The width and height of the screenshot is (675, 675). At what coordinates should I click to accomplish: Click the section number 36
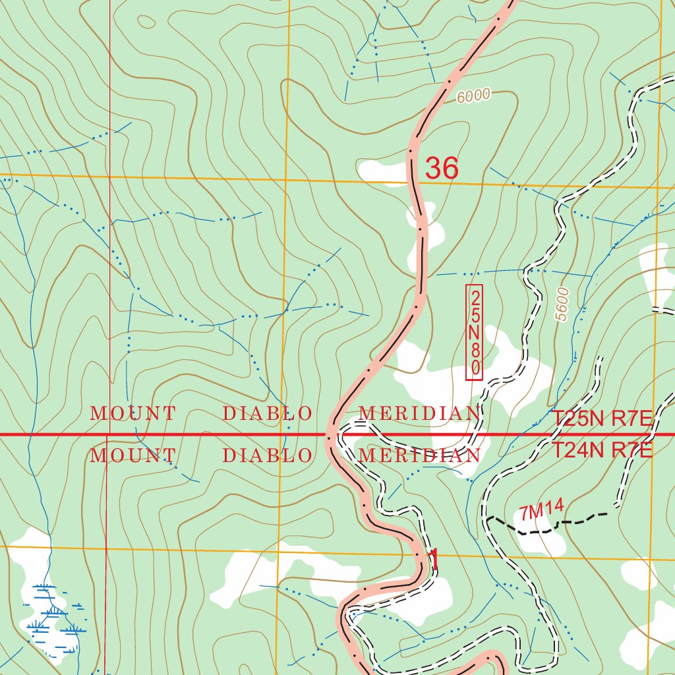pyautogui.click(x=441, y=168)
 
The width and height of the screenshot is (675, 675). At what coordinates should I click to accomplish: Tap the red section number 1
pyautogui.click(x=433, y=560)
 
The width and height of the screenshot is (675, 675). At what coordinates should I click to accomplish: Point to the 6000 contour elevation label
pyautogui.click(x=473, y=96)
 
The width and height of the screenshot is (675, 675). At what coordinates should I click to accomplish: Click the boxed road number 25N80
pyautogui.click(x=475, y=332)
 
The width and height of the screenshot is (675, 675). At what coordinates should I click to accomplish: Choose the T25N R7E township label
pyautogui.click(x=601, y=419)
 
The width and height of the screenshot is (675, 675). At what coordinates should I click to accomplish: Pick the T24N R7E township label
pyautogui.click(x=601, y=451)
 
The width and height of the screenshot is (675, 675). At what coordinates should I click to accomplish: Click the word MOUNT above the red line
pyautogui.click(x=133, y=414)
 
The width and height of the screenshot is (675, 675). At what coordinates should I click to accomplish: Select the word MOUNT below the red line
pyautogui.click(x=133, y=455)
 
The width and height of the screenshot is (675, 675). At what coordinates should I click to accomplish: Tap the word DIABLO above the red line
pyautogui.click(x=267, y=414)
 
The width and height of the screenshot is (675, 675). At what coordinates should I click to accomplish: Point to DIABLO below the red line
pyautogui.click(x=267, y=455)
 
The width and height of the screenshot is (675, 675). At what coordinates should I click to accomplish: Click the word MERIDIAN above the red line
pyautogui.click(x=419, y=414)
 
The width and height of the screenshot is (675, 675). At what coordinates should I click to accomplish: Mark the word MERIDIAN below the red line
pyautogui.click(x=419, y=455)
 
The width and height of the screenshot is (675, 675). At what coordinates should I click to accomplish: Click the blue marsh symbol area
pyautogui.click(x=53, y=616)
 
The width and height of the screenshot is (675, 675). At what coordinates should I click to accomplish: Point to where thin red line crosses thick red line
pyautogui.click(x=108, y=435)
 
